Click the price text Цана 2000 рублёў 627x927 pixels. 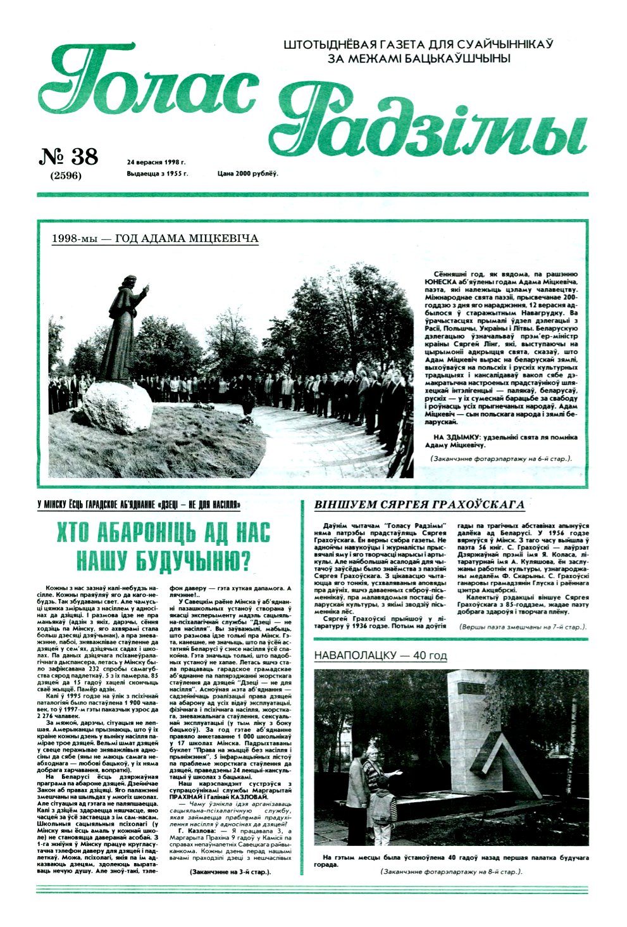[x=247, y=173]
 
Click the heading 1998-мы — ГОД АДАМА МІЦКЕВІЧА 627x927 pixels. [x=158, y=239]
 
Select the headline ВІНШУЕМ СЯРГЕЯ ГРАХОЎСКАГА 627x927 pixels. [x=419, y=505]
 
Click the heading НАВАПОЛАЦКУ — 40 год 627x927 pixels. [x=380, y=655]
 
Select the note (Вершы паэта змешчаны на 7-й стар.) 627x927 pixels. [x=523, y=626]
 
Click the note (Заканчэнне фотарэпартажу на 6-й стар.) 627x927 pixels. [x=500, y=458]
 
